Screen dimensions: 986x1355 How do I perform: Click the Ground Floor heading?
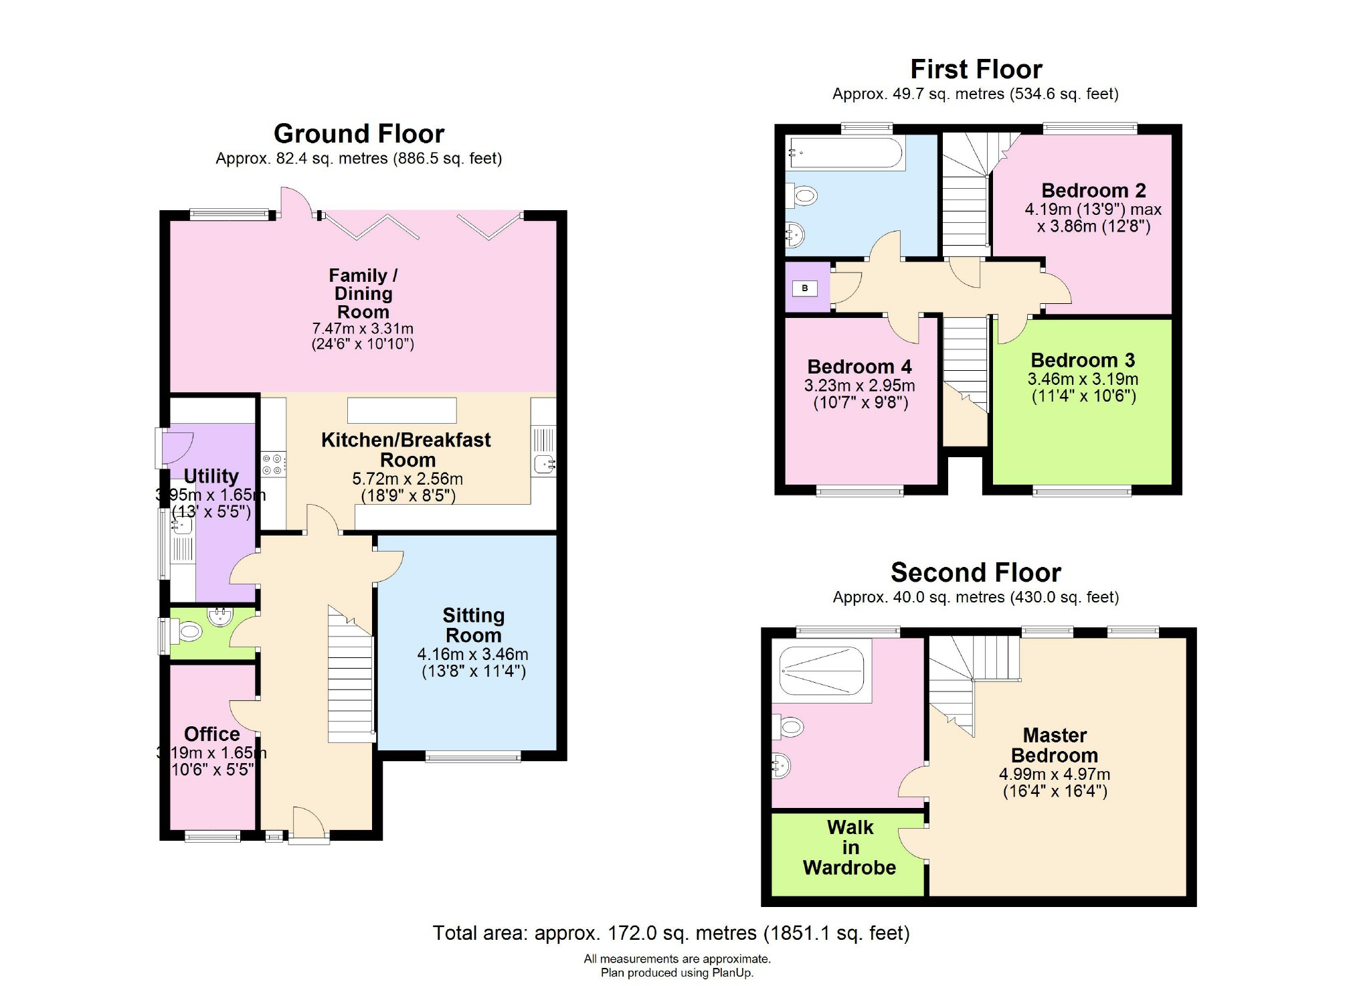(359, 134)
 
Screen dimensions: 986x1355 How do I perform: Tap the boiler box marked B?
(804, 289)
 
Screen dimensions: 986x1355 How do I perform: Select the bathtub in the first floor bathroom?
(846, 153)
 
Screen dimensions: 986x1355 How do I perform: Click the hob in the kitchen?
(273, 465)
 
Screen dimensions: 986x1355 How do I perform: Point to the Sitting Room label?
(473, 625)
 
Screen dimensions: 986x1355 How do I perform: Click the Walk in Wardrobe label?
(849, 847)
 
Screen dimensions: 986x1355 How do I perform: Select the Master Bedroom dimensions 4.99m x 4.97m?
(1055, 774)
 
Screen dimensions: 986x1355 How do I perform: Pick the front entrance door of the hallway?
(308, 825)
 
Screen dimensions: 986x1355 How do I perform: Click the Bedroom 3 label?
(1083, 360)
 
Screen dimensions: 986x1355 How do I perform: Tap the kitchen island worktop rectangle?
(401, 410)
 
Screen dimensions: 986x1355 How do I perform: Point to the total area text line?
(670, 933)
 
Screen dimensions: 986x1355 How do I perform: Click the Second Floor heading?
(976, 573)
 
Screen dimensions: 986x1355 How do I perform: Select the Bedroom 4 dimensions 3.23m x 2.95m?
(860, 386)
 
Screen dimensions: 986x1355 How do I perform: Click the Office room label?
(212, 734)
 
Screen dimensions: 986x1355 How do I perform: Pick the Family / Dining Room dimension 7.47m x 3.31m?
(363, 329)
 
